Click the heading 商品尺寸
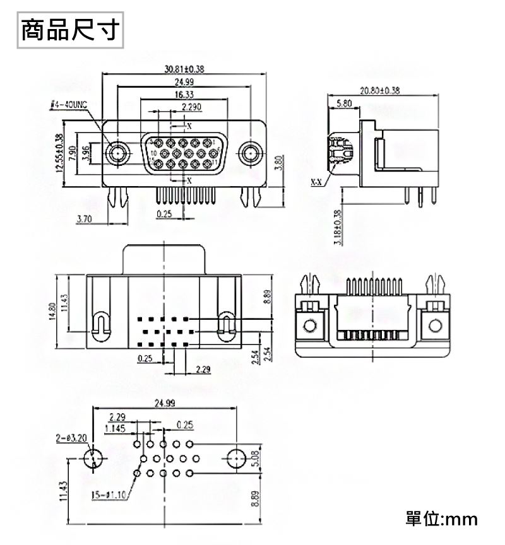(x=69, y=30)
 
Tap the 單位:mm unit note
(x=441, y=519)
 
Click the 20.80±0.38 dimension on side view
(x=380, y=90)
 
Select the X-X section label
(x=316, y=182)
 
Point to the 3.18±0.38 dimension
(x=336, y=228)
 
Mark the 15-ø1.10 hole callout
(x=109, y=494)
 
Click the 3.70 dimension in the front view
(x=84, y=219)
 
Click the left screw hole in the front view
(x=117, y=153)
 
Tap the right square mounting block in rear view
(x=435, y=325)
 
